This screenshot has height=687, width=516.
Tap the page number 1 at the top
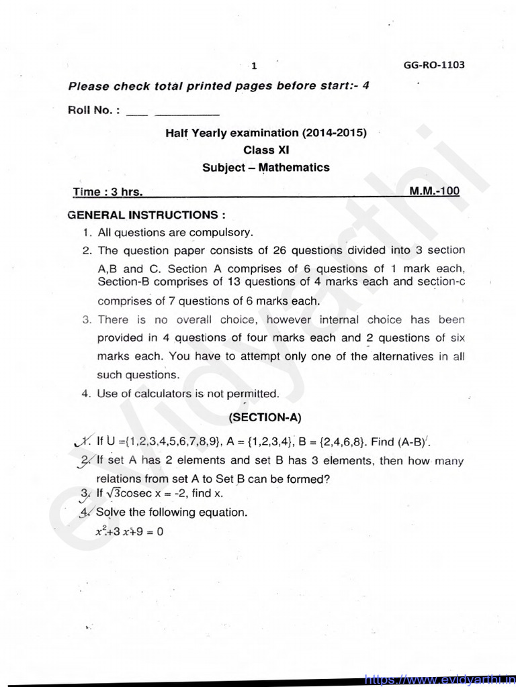pyautogui.click(x=254, y=66)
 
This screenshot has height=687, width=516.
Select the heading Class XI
pyautogui.click(x=266, y=150)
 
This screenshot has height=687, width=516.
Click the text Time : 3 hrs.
pyautogui.click(x=107, y=192)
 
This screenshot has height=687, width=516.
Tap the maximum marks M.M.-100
pyautogui.click(x=435, y=191)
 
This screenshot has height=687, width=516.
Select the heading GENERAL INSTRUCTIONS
pyautogui.click(x=146, y=215)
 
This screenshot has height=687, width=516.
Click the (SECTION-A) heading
pyautogui.click(x=265, y=417)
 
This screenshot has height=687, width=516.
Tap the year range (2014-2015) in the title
pyautogui.click(x=335, y=133)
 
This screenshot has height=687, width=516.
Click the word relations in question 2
pyautogui.click(x=120, y=479)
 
